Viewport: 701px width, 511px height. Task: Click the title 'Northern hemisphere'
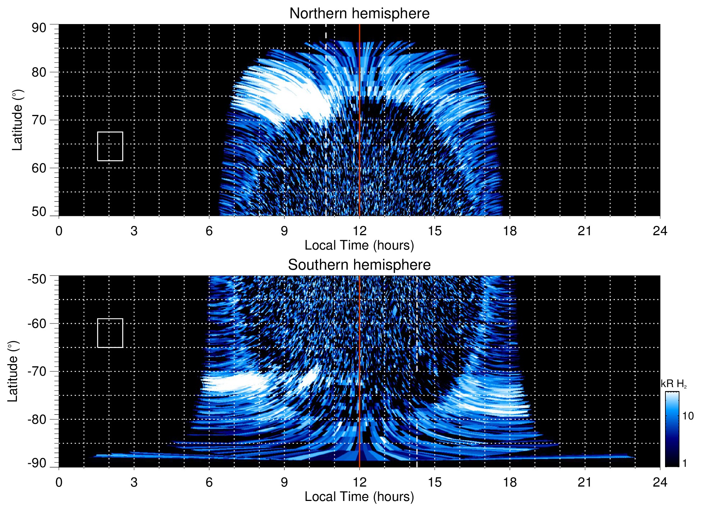pos(359,14)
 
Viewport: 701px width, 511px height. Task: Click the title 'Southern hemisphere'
pos(359,265)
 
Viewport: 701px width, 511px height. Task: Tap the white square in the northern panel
pos(110,146)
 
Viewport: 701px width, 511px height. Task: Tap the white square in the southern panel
pos(110,333)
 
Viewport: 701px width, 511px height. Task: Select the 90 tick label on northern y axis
pos(39,28)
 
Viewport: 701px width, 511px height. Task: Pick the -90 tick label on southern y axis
pos(37,463)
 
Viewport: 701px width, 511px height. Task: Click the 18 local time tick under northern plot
pos(510,231)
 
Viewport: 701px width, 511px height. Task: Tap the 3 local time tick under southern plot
pos(134,482)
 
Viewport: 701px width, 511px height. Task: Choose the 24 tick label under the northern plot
pos(660,231)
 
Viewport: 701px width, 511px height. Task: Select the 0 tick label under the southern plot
pos(59,482)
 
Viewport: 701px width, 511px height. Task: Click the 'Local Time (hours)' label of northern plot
pos(359,245)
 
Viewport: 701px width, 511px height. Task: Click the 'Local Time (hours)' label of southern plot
pos(359,497)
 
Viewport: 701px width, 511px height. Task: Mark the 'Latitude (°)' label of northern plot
pos(17,120)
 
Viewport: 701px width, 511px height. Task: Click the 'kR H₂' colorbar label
pos(673,384)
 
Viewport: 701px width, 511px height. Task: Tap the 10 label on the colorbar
pos(688,416)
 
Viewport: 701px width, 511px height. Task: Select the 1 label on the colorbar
pos(684,463)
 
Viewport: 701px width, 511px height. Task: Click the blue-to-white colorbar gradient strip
pos(672,429)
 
